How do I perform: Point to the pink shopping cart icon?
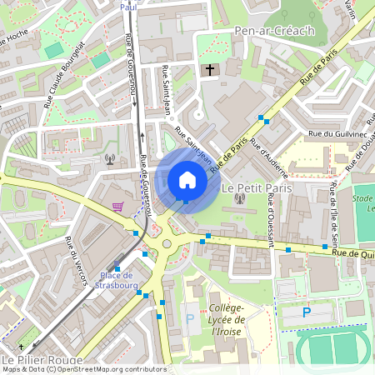tap(118, 206)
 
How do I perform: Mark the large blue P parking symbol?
tap(306, 312)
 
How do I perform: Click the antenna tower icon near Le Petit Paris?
tap(239, 197)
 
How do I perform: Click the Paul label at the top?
tap(127, 6)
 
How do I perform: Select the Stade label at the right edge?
tap(363, 199)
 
